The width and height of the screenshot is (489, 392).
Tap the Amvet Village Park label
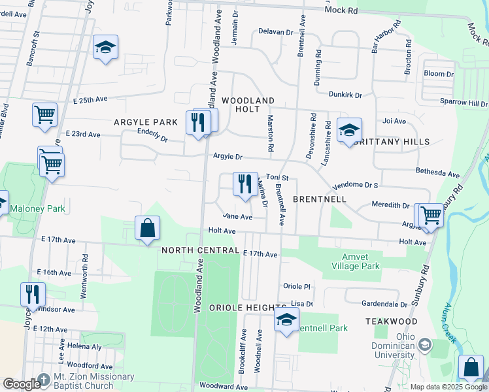pyautogui.click(x=361, y=261)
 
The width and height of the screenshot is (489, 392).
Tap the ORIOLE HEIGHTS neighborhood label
pyautogui.click(x=248, y=307)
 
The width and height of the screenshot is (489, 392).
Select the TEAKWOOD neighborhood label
pyautogui.click(x=391, y=321)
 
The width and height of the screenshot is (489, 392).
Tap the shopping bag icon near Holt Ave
pyautogui.click(x=148, y=228)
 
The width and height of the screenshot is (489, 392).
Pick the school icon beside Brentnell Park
pyautogui.click(x=286, y=320)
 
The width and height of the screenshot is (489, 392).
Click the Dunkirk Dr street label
pyautogui.click(x=345, y=95)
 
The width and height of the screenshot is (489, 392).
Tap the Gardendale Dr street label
pyautogui.click(x=384, y=304)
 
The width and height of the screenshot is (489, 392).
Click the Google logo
pyautogui.click(x=21, y=384)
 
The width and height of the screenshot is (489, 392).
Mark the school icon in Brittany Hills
pyautogui.click(x=349, y=129)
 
